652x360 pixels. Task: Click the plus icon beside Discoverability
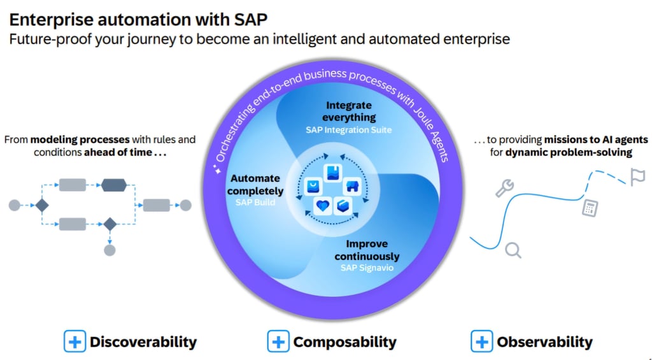(x=74, y=342)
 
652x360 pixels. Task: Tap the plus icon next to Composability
(x=278, y=342)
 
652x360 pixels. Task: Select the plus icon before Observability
(x=482, y=342)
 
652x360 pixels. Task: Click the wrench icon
(x=504, y=187)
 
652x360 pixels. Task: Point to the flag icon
(x=637, y=177)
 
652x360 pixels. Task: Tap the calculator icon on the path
(x=590, y=207)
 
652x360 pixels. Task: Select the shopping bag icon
(x=313, y=185)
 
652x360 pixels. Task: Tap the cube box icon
(x=343, y=205)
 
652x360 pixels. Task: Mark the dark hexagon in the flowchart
(x=114, y=185)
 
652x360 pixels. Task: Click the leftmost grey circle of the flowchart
(x=14, y=205)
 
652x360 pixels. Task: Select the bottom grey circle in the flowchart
(x=110, y=250)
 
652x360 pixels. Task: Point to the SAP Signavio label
(x=367, y=268)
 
